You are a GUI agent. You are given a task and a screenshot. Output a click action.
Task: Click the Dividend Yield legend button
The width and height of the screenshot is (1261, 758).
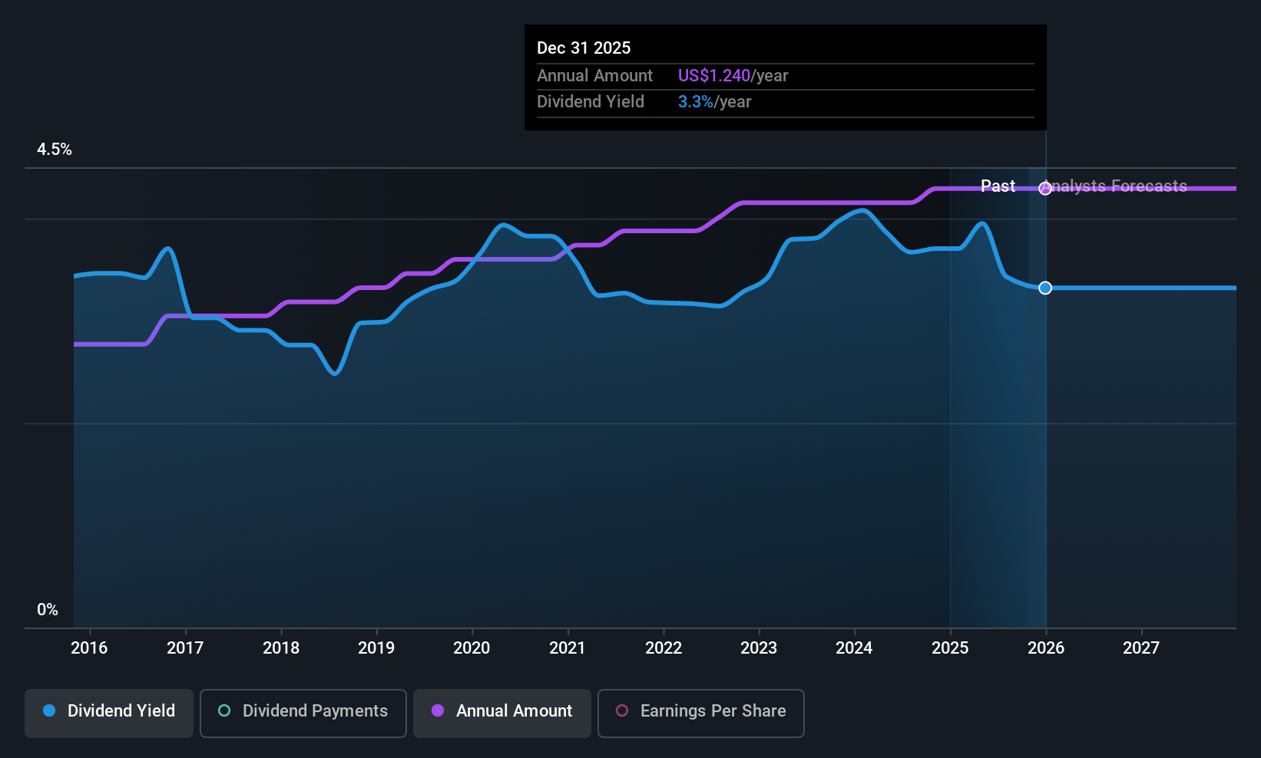pyautogui.click(x=109, y=712)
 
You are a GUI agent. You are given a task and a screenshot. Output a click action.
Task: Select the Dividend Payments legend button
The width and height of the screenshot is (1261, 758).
pyautogui.click(x=303, y=712)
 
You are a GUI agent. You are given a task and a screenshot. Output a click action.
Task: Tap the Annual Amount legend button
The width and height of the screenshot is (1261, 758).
pyautogui.click(x=502, y=712)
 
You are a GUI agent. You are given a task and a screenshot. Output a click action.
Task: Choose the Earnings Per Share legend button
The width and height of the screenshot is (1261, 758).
pyautogui.click(x=700, y=712)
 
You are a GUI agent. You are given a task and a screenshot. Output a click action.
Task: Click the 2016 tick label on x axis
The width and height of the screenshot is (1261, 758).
pyautogui.click(x=89, y=648)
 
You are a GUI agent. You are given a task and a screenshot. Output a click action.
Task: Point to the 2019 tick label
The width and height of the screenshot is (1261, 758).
pyautogui.click(x=376, y=648)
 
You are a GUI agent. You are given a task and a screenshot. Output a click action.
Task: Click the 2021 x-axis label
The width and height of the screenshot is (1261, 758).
pyautogui.click(x=568, y=648)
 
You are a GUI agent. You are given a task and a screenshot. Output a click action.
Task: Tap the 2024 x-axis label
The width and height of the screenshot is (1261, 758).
pyautogui.click(x=854, y=648)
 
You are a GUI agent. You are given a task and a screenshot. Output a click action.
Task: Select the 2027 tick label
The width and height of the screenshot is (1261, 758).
pyautogui.click(x=1141, y=648)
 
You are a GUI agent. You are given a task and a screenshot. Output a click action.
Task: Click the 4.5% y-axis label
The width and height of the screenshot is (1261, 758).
pyautogui.click(x=55, y=150)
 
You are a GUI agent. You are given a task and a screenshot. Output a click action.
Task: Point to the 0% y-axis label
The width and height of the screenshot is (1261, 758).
pyautogui.click(x=48, y=610)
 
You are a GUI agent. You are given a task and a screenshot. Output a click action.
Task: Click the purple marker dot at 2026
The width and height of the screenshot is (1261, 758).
pyautogui.click(x=1045, y=189)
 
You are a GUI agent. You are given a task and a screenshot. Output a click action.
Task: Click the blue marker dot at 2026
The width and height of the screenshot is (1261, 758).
pyautogui.click(x=1045, y=288)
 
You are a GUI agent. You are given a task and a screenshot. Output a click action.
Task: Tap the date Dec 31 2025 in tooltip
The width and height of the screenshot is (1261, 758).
pyautogui.click(x=584, y=48)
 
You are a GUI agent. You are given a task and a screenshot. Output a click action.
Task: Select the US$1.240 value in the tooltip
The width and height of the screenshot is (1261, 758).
pyautogui.click(x=713, y=76)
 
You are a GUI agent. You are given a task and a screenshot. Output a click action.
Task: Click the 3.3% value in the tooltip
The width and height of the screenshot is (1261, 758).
pyautogui.click(x=695, y=102)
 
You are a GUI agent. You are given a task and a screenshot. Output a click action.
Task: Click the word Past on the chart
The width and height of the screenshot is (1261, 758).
pyautogui.click(x=998, y=186)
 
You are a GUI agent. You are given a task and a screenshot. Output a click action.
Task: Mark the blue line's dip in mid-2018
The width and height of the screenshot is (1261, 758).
pyautogui.click(x=334, y=373)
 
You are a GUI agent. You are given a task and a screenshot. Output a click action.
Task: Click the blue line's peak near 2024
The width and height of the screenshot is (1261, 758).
pyautogui.click(x=863, y=209)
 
